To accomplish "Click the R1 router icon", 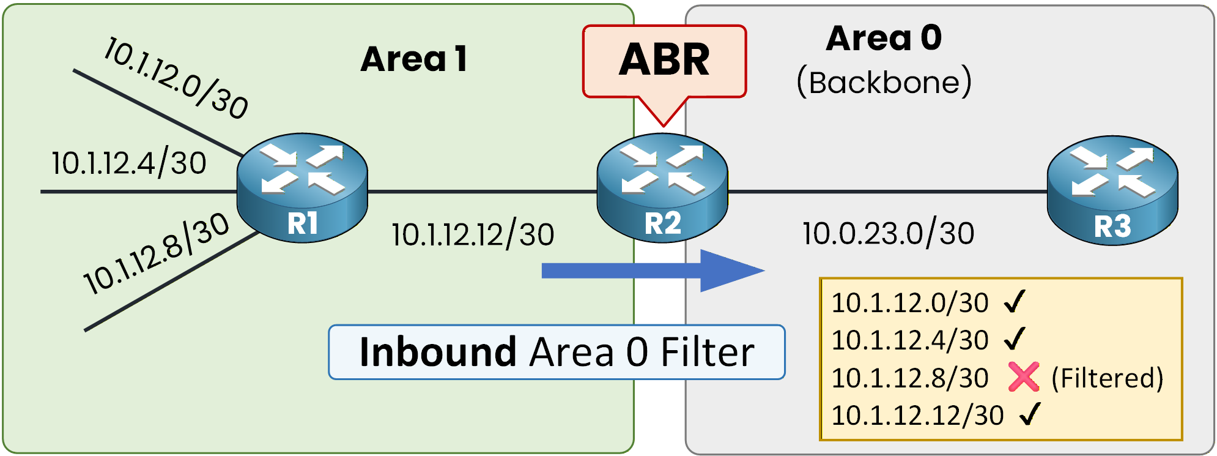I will coord(302,187).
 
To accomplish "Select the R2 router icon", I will coord(662,187).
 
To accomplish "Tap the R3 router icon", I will coord(1112,190).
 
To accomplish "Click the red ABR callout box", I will coord(664,61).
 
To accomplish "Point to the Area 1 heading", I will coord(414,59).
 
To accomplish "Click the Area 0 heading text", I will coord(884,38).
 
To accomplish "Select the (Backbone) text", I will coord(884,81).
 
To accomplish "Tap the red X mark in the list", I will coord(1023,377).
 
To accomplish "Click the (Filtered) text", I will coord(1107,378).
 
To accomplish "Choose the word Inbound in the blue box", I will coord(438,353).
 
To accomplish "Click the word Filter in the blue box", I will coord(707,353).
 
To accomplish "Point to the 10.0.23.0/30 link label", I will coord(888,234).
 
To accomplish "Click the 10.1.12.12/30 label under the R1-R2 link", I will coord(473,235).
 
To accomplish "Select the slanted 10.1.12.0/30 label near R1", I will coord(176,78).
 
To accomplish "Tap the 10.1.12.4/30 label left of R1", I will coord(129,163).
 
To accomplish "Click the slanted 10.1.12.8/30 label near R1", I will coord(157,253).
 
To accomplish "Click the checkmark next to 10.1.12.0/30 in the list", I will coord(1015,301).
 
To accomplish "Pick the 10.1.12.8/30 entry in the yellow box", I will coord(910,378).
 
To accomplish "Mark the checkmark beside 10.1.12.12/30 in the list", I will coord(1030,414).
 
